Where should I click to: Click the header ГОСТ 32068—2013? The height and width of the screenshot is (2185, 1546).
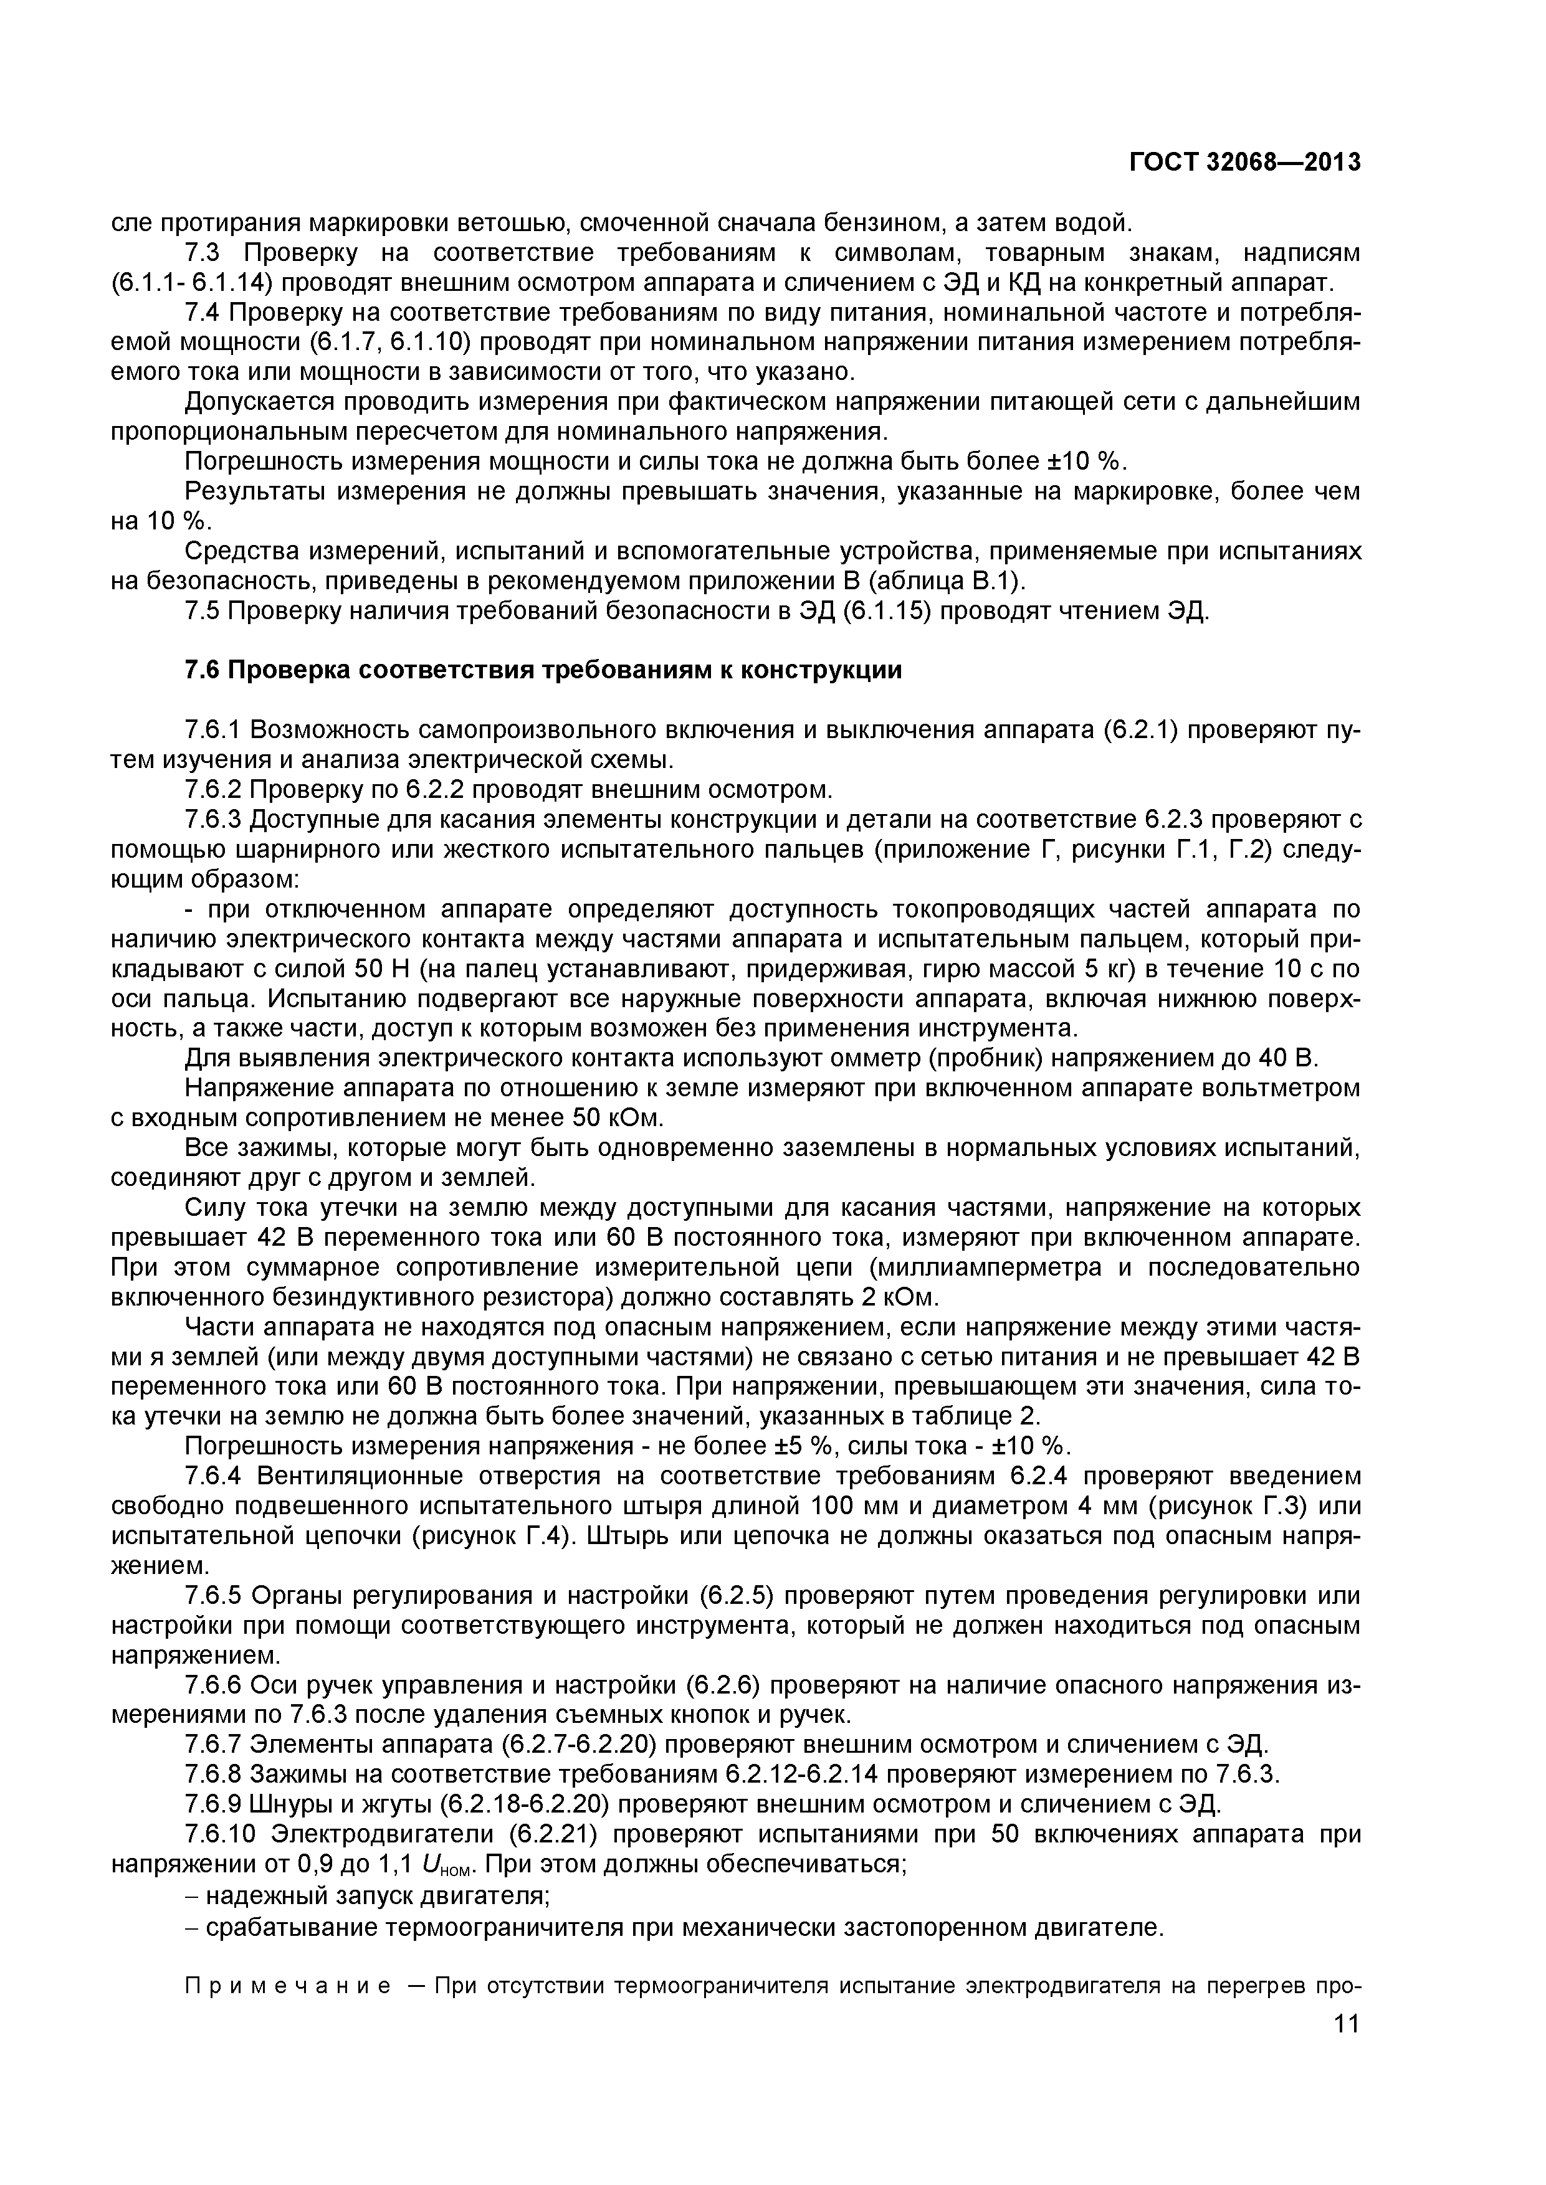point(1245,163)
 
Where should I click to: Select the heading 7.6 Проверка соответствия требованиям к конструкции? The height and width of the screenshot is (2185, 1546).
point(543,670)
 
